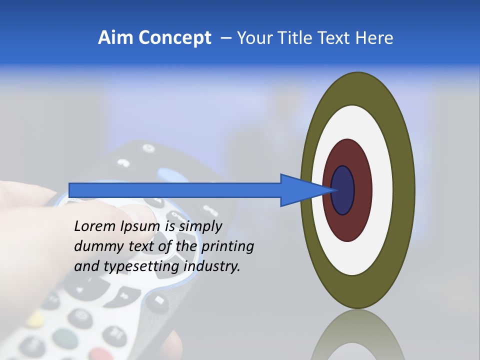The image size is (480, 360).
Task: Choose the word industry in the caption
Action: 212,266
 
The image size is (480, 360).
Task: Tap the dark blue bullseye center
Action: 342,190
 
